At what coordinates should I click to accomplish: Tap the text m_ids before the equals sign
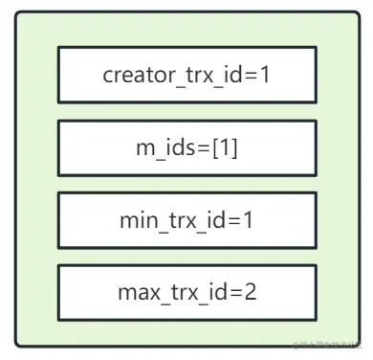tap(160, 146)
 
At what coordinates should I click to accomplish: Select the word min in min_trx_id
tap(135, 219)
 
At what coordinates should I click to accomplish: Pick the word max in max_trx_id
tap(135, 292)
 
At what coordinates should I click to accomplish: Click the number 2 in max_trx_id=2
tap(251, 292)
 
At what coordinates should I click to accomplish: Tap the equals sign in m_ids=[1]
tap(189, 146)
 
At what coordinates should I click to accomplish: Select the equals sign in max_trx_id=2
tap(235, 292)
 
